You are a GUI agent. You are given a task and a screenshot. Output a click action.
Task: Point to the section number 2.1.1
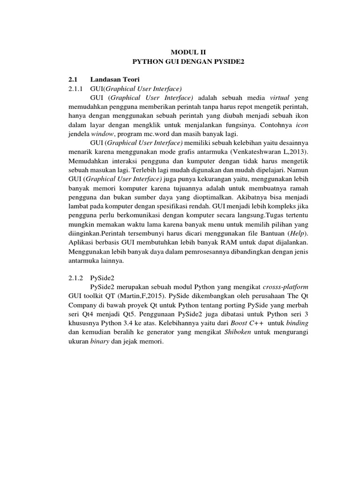tap(75, 88)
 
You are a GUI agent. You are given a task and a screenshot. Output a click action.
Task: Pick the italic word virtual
tap(280, 97)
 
